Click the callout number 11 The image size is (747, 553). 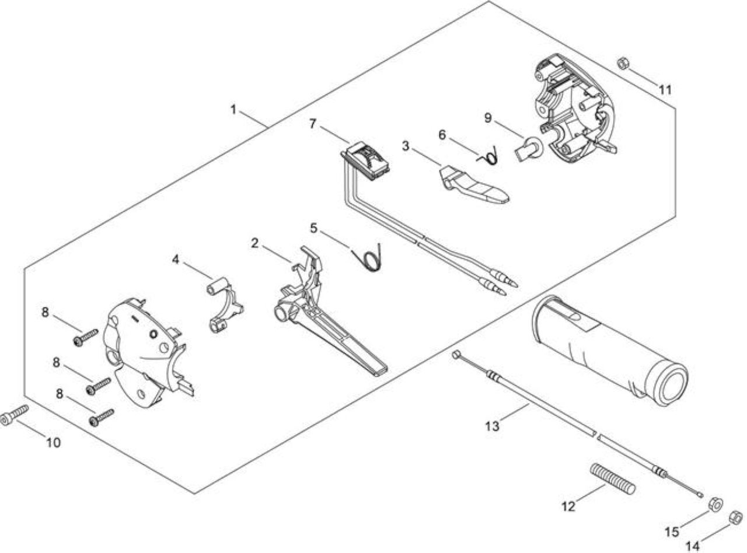coord(665,90)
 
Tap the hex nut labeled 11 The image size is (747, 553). coord(623,63)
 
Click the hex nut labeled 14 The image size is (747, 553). coord(736,517)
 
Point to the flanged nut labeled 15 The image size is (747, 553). coord(715,504)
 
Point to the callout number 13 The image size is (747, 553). coord(492,426)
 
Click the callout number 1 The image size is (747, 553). coord(233,110)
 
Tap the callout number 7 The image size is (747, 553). coord(313,124)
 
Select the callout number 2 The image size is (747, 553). coord(254,243)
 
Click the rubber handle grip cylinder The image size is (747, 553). coord(609,352)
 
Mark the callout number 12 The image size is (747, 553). coord(568,506)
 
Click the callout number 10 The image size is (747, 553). coord(53,443)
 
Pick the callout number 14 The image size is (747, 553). coord(693,545)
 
